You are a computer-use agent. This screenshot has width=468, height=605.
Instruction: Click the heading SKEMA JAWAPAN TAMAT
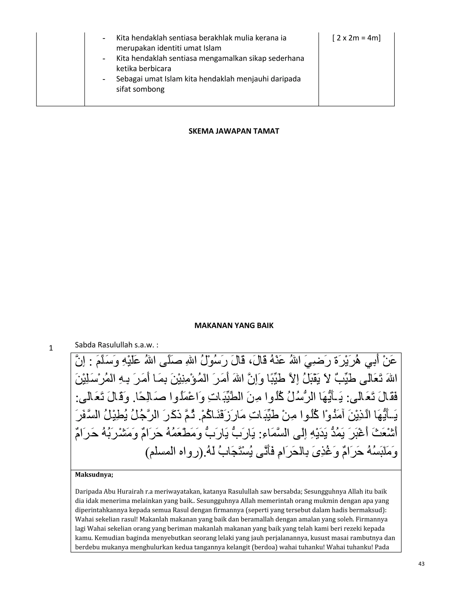(x=234, y=131)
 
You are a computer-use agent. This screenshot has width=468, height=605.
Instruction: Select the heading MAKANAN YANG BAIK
(x=234, y=326)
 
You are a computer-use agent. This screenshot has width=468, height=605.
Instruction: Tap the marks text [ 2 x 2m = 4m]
(x=356, y=38)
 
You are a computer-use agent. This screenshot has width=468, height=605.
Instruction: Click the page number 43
(x=421, y=564)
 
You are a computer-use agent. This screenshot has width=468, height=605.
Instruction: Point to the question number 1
(x=51, y=348)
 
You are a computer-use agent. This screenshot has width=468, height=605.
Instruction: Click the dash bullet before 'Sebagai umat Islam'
(x=104, y=79)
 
